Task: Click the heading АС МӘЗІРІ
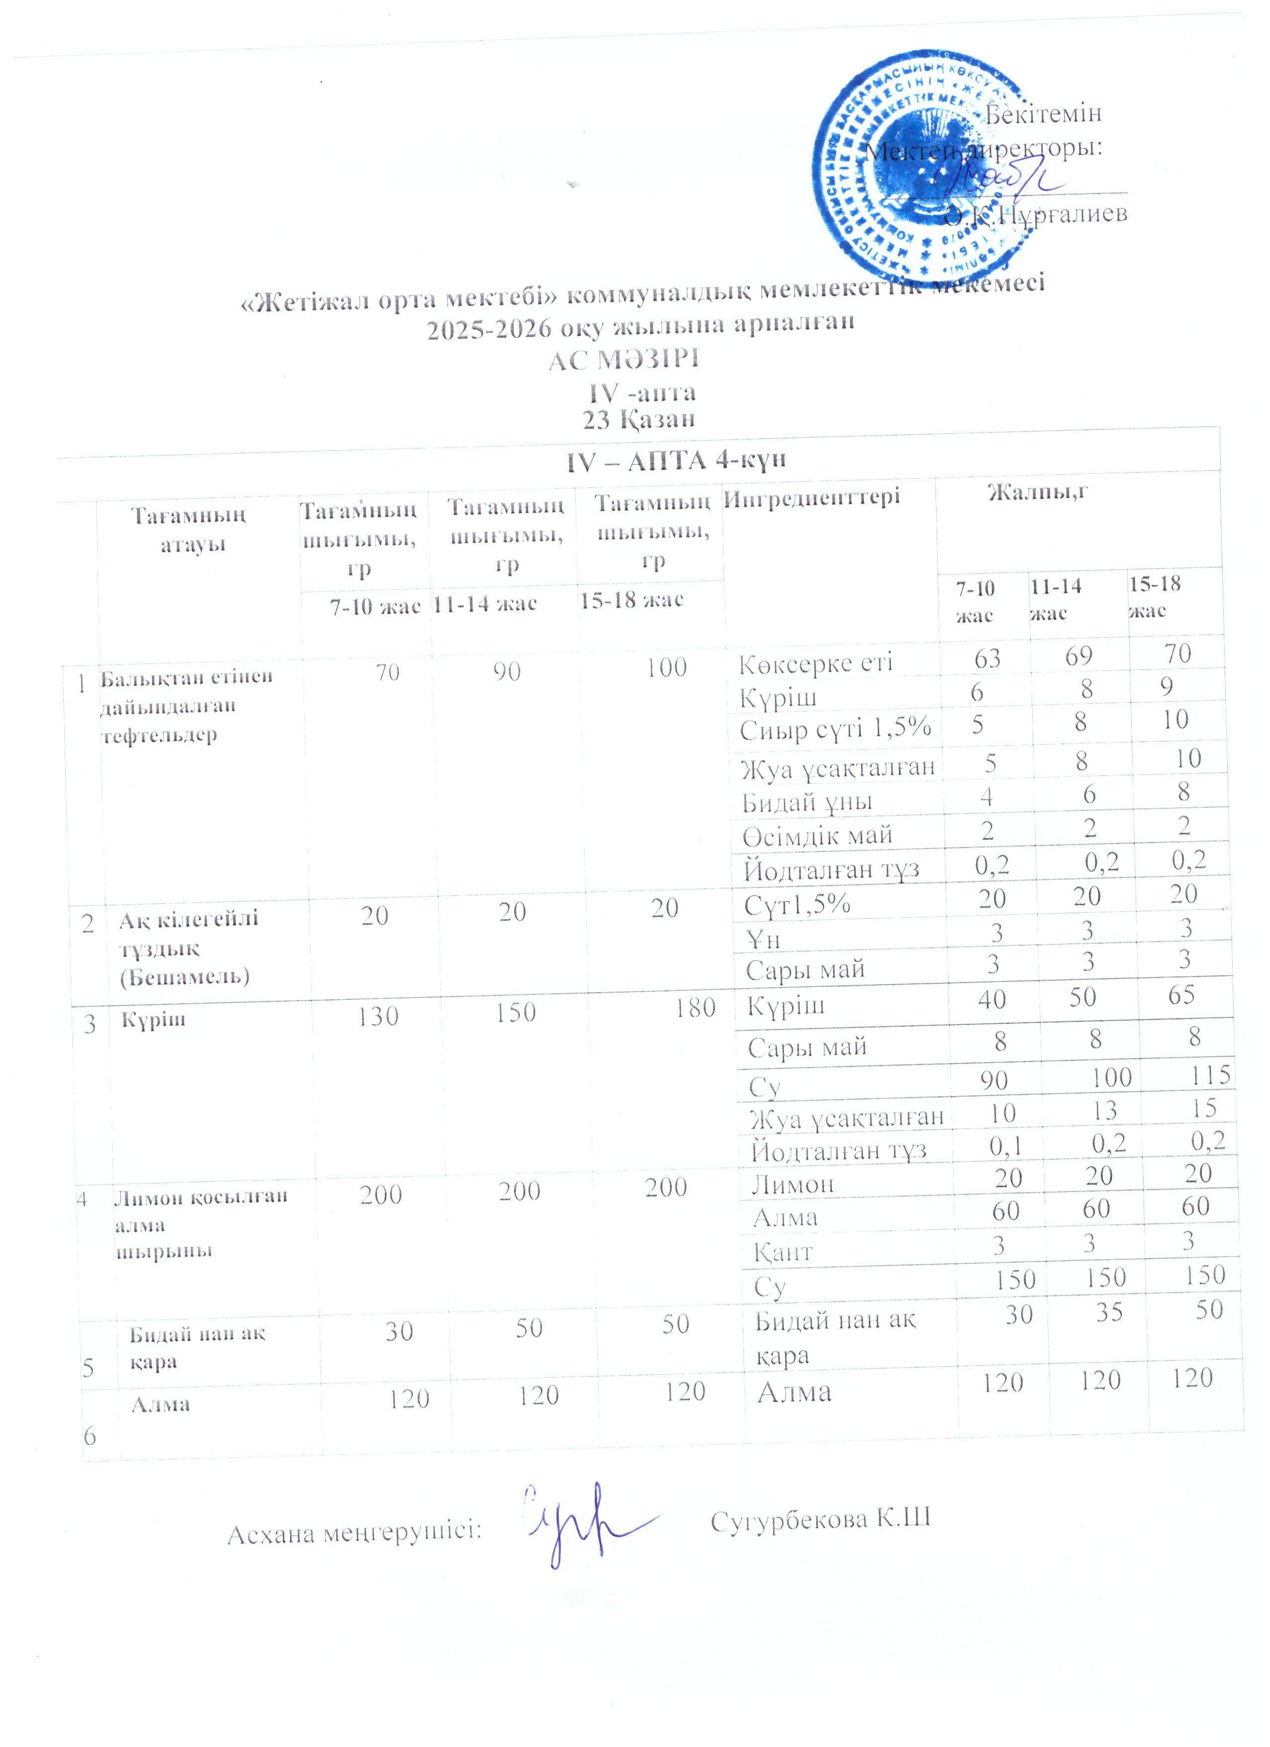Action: (624, 360)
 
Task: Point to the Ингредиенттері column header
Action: (811, 497)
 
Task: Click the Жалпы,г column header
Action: (1038, 491)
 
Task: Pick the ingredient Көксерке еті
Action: (816, 663)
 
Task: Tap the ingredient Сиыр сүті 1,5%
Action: (836, 729)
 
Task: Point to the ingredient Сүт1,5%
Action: (797, 904)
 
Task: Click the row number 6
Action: (90, 1436)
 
